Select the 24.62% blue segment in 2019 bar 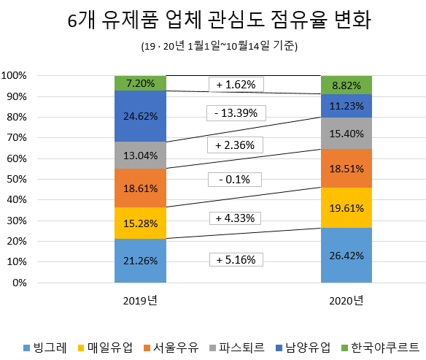140,115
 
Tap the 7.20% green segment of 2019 140,83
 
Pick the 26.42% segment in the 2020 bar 346,256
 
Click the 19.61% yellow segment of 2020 346,207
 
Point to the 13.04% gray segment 140,155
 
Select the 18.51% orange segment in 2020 346,168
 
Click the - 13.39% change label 236,112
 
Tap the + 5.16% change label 236,259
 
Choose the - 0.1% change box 236,179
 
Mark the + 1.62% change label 236,85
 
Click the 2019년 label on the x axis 140,300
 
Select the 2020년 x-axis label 346,300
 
